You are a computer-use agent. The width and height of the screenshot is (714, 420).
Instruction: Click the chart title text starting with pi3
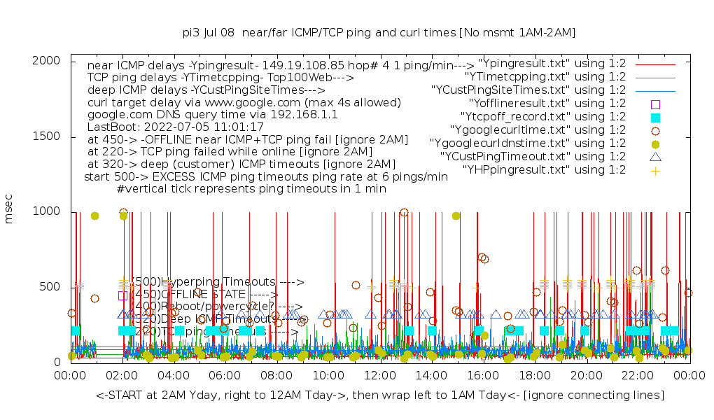379,32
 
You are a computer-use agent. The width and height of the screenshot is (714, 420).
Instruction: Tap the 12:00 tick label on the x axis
380,376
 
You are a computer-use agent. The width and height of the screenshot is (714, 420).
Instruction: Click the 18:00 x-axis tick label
535,376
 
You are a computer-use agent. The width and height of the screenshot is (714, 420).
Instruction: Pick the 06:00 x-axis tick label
225,376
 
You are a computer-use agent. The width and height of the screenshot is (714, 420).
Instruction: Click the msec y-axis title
10,211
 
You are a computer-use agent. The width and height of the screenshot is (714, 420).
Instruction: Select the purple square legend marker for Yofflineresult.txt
655,104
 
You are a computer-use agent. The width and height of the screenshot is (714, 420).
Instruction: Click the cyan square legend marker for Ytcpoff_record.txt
655,117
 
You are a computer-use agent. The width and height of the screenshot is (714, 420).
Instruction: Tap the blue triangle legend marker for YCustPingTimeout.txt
655,156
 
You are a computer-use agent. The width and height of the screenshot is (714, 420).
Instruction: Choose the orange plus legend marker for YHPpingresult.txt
655,169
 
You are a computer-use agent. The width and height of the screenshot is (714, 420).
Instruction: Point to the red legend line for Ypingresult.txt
655,64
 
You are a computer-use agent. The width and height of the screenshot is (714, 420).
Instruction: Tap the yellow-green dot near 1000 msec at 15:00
456,216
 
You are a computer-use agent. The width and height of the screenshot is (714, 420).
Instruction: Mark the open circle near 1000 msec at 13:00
404,212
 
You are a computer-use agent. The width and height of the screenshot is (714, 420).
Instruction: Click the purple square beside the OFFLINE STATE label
123,295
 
